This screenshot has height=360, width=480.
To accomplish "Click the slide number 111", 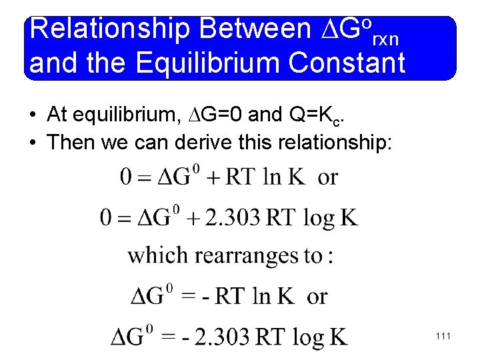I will click(443, 337).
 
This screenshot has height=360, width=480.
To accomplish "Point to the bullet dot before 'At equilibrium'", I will click(32, 115).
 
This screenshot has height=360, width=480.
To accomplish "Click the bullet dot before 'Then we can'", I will click(32, 141).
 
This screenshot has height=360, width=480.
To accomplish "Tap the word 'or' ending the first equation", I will click(327, 177).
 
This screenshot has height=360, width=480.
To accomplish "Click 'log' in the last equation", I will click(307, 338).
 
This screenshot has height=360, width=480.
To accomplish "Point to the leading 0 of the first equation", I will click(125, 177).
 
